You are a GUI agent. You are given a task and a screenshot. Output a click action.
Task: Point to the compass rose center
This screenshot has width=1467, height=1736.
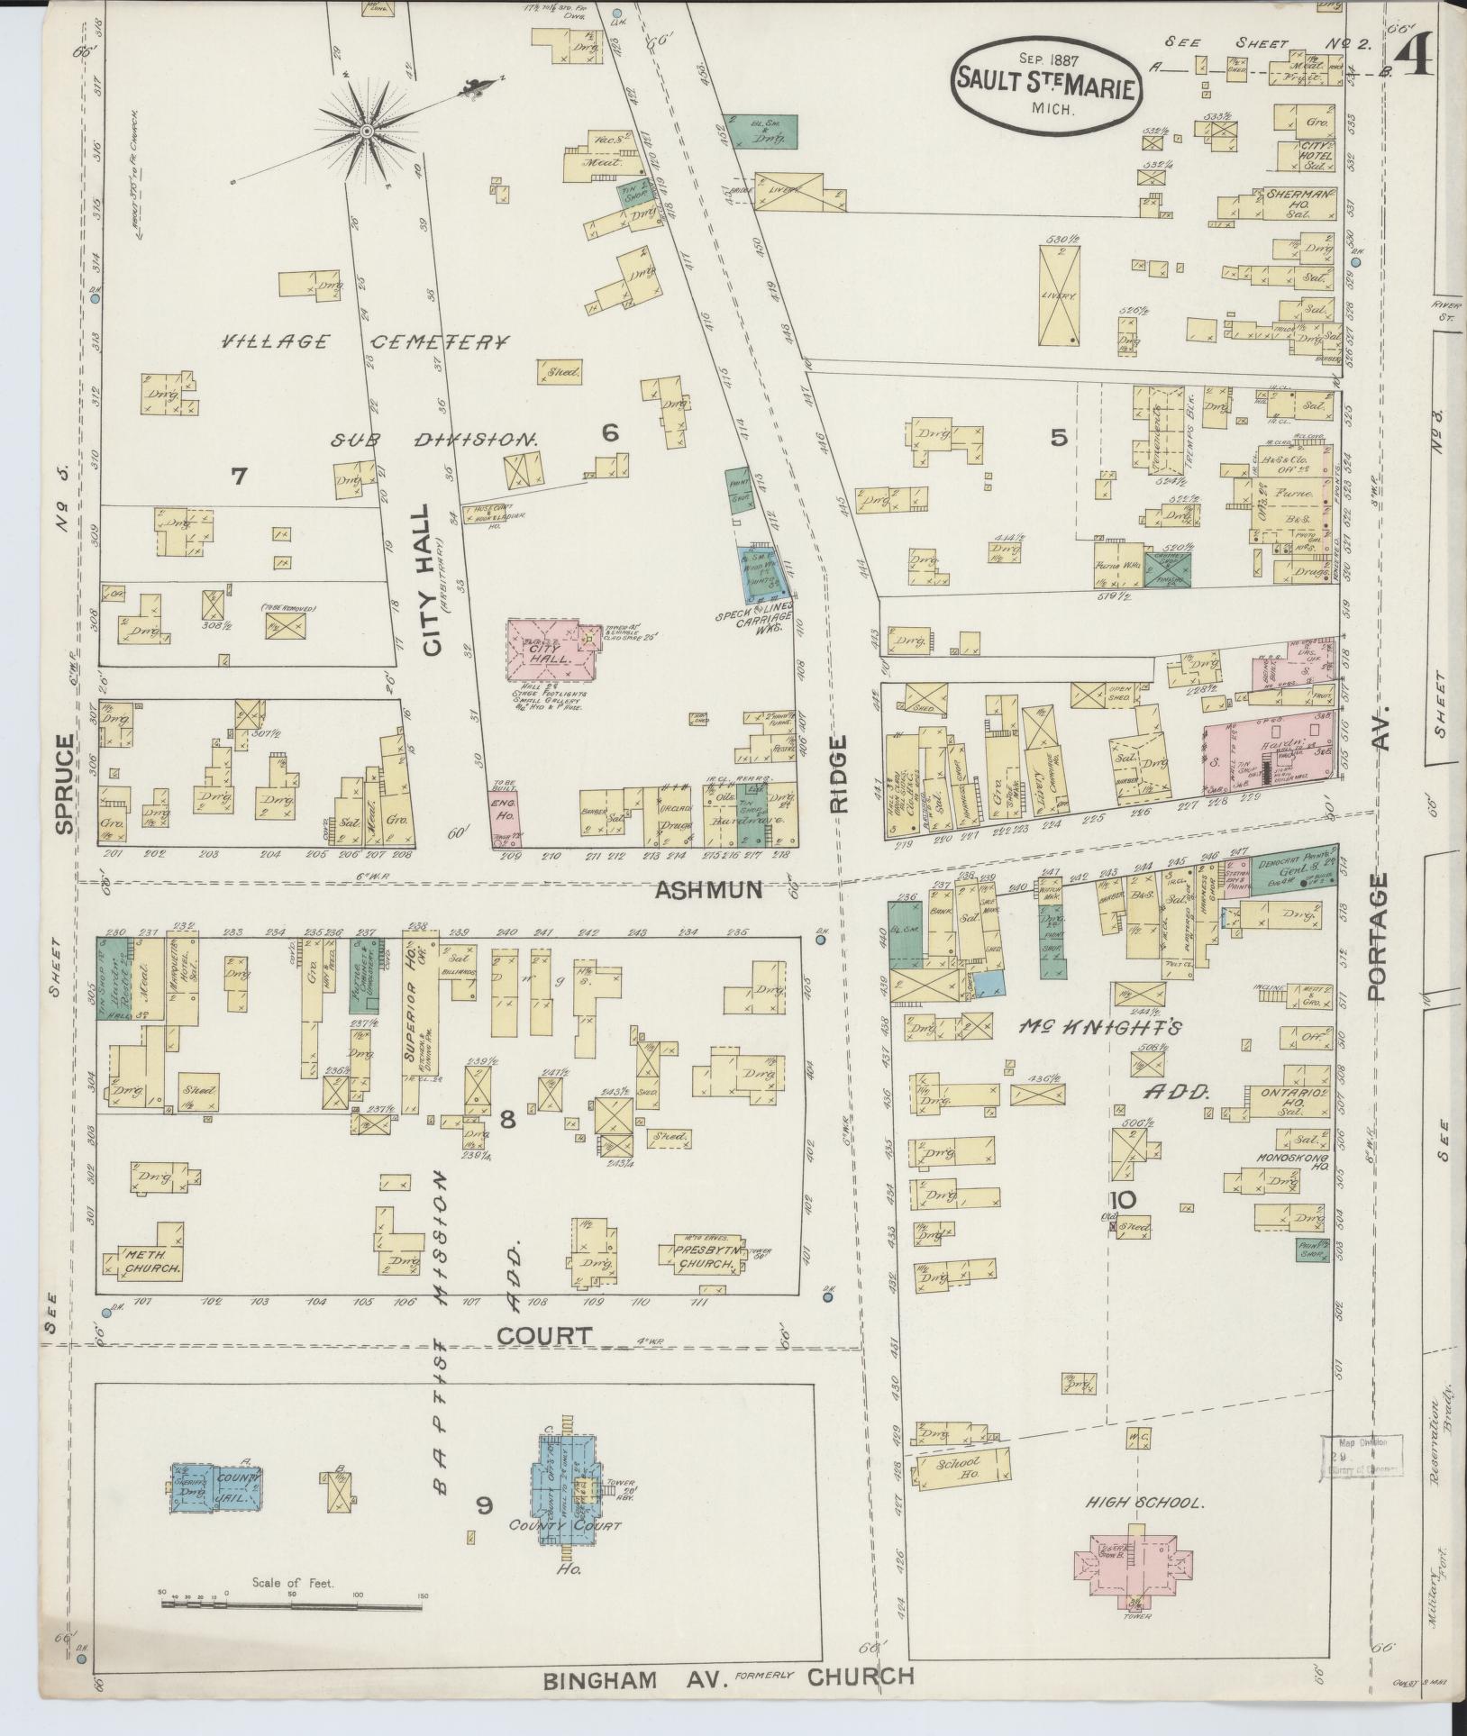[x=367, y=132]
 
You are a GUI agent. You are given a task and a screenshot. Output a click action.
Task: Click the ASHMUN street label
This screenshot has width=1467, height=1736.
[x=708, y=890]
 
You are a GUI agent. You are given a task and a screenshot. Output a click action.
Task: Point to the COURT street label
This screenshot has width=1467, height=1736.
[x=546, y=1335]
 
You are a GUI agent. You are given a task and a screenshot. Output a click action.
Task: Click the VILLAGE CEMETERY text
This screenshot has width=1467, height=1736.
[x=365, y=342]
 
